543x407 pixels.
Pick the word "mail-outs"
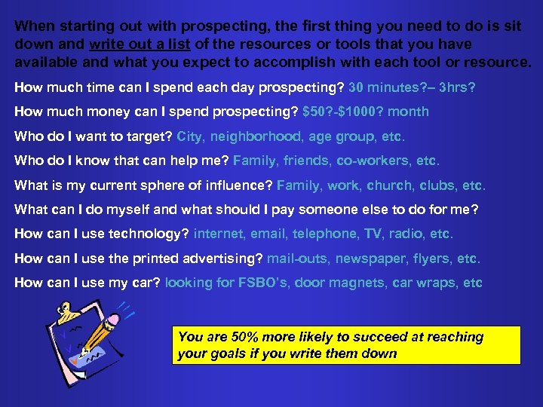(297, 259)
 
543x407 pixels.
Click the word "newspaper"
(370, 259)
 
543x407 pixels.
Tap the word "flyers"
(431, 259)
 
